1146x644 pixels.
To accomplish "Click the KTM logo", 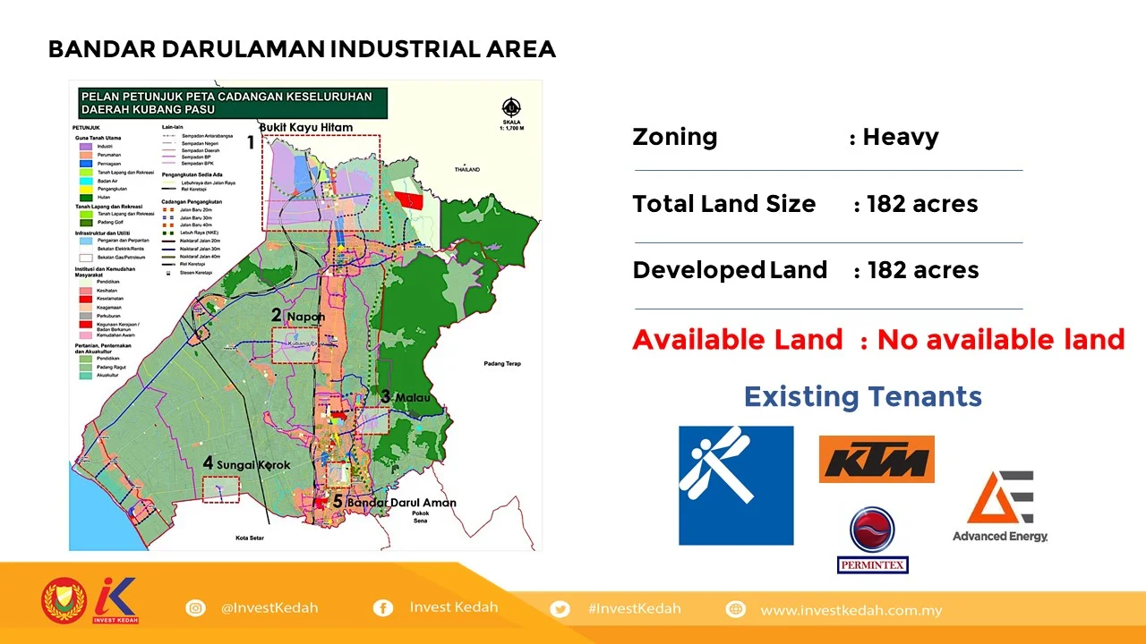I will (x=877, y=459).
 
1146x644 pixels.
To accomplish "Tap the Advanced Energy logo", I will (x=1000, y=506).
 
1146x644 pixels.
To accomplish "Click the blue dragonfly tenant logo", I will (x=736, y=485).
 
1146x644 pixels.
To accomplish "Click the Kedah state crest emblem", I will (x=64, y=601).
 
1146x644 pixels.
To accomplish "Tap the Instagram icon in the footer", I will (x=195, y=608).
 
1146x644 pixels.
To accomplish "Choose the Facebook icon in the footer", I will (x=382, y=608).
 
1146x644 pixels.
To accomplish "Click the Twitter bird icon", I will (x=560, y=609).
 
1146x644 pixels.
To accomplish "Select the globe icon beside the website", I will (x=736, y=609).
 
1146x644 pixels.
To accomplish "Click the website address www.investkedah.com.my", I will (x=851, y=610).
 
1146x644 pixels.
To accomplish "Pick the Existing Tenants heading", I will (x=862, y=396).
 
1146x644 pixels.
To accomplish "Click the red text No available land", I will (x=1001, y=340).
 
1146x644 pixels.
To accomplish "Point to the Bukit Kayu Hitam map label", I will (x=306, y=127).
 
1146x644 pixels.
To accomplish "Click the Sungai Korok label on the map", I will (x=253, y=464).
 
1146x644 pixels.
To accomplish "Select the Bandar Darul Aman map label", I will (x=401, y=503).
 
